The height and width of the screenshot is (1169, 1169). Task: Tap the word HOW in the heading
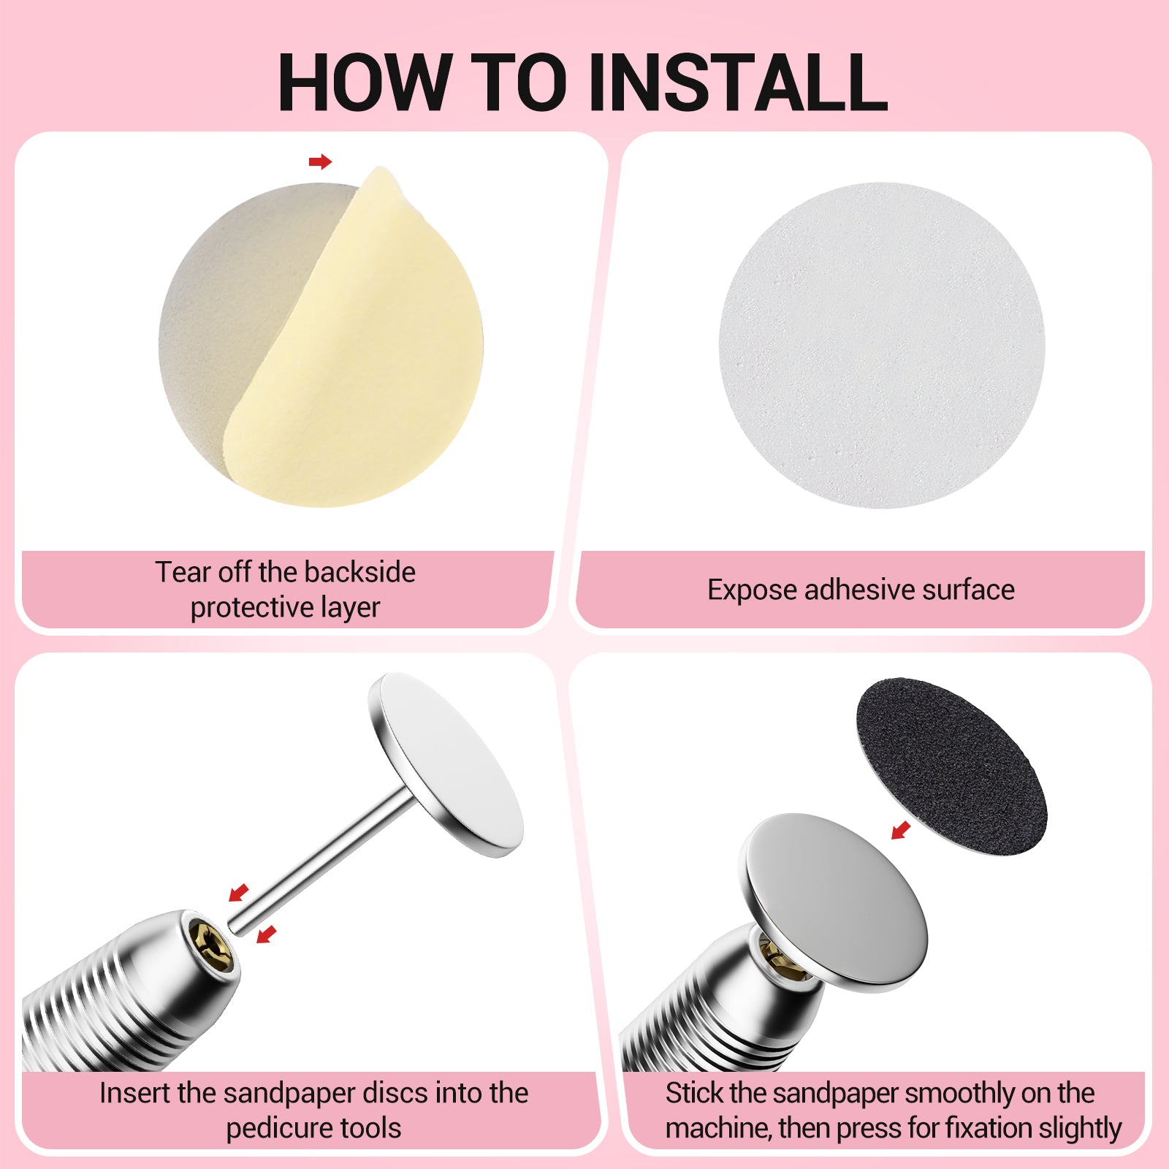364,82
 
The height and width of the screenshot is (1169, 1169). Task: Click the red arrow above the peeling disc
320,161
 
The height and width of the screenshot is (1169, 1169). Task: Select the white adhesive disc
882,345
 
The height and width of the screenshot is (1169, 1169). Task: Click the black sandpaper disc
951,765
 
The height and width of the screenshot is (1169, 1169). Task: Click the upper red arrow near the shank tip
239,892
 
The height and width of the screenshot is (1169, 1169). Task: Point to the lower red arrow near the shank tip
267,934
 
